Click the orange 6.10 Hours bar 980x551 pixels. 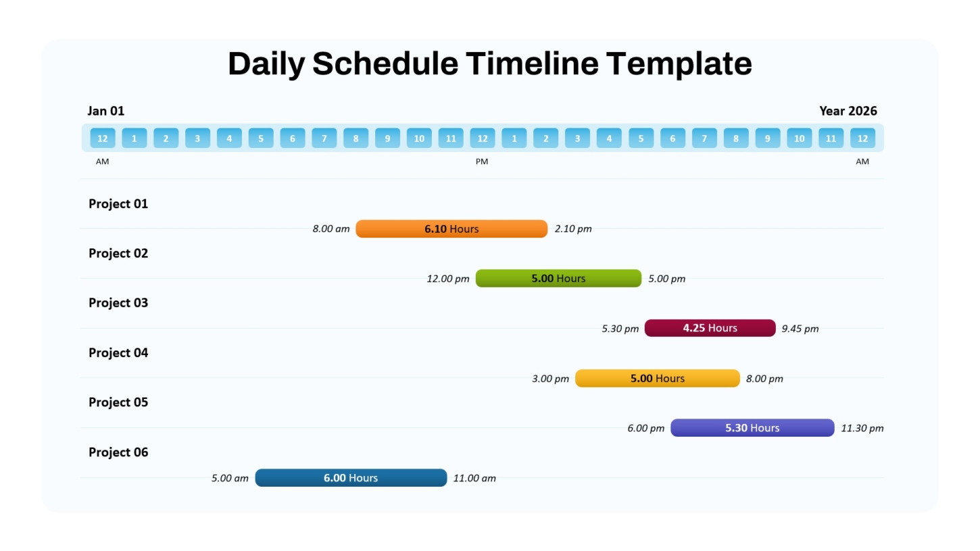pos(451,228)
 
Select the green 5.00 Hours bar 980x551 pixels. pos(558,278)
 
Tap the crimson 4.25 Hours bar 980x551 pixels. pos(710,327)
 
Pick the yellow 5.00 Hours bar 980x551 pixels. pos(657,378)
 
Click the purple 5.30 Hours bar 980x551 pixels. pos(752,428)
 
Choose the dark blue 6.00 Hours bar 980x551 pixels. pos(351,477)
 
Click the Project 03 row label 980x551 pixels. pos(118,303)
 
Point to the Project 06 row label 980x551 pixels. pos(118,452)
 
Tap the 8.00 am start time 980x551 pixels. pos(330,228)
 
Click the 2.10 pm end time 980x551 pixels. pos(573,228)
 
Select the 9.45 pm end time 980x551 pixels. pos(800,329)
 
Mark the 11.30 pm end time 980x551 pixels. pos(862,428)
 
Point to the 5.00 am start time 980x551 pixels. pos(230,478)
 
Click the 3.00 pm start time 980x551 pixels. pos(550,378)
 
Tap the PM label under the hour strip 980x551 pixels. pos(482,161)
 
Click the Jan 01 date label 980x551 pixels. pos(106,111)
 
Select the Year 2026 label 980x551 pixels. pos(848,111)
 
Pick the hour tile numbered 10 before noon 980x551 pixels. pos(419,138)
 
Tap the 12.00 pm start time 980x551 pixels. pos(448,279)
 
